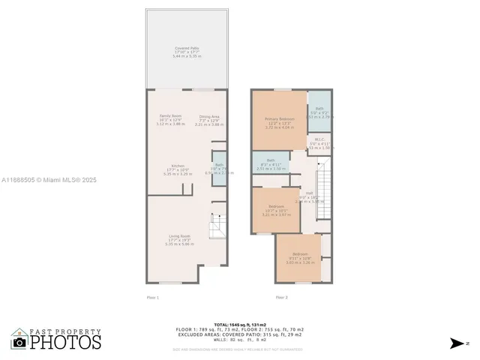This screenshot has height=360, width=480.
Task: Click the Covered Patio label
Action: pos(187,52)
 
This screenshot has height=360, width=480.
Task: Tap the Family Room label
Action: pos(170,120)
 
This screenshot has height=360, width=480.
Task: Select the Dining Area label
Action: pos(209,120)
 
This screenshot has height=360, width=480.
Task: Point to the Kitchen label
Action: pos(178,169)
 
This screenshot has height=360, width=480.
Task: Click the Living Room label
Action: pos(179,240)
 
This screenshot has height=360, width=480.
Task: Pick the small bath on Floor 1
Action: pos(219,168)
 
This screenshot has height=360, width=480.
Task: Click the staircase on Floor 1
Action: pos(217,224)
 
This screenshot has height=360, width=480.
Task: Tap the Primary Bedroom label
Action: pos(279,123)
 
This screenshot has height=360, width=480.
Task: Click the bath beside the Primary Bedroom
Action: pos(319,112)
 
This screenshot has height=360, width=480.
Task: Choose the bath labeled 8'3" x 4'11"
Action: pos(271,164)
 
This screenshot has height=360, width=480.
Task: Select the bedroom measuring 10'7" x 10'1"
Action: pos(276,211)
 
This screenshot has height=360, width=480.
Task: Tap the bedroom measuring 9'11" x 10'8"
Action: pos(299,258)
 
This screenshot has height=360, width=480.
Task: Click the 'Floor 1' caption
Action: pos(153,298)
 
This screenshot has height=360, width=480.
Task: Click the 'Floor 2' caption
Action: pos(282,298)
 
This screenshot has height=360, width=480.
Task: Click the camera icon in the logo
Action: pos(19,342)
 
